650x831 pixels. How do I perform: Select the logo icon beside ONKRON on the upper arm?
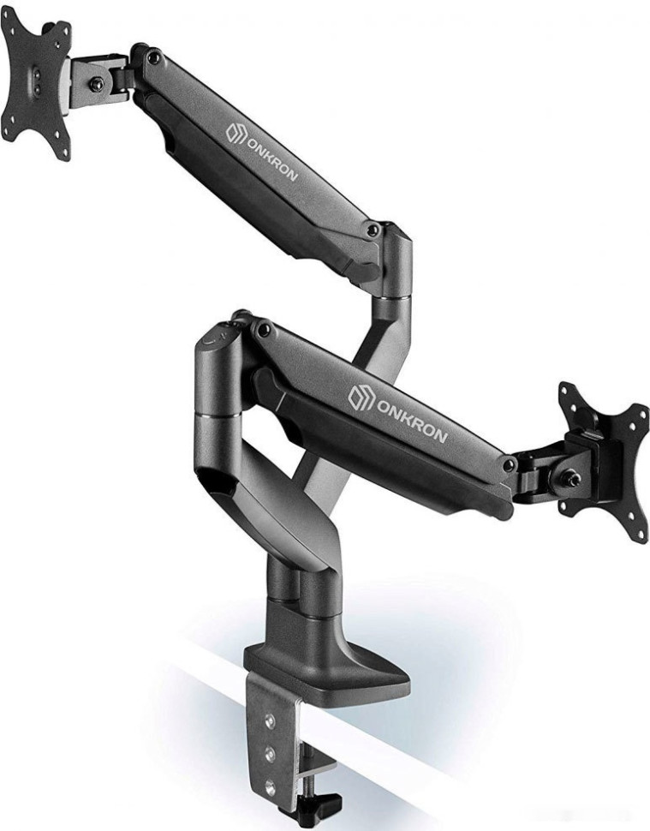point(236,132)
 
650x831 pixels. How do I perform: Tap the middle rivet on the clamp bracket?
point(270,753)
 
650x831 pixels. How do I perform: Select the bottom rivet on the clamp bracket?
point(271,784)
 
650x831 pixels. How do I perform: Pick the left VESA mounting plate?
point(36,90)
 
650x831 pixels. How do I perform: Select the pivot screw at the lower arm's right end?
point(510,465)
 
